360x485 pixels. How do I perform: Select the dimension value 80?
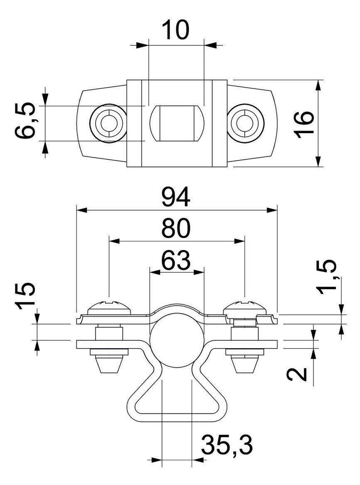(176, 229)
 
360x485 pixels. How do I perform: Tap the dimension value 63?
(176, 260)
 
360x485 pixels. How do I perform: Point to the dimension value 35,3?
(227, 445)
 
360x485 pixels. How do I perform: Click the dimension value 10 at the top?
(176, 30)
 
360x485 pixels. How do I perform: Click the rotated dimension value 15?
(26, 296)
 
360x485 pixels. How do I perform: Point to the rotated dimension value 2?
(297, 374)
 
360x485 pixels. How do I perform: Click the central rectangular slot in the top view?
(178, 123)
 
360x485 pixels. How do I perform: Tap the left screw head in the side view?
(109, 306)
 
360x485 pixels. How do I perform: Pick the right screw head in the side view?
(244, 306)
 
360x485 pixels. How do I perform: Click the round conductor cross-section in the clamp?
(177, 340)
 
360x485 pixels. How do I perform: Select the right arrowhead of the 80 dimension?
(240, 241)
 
